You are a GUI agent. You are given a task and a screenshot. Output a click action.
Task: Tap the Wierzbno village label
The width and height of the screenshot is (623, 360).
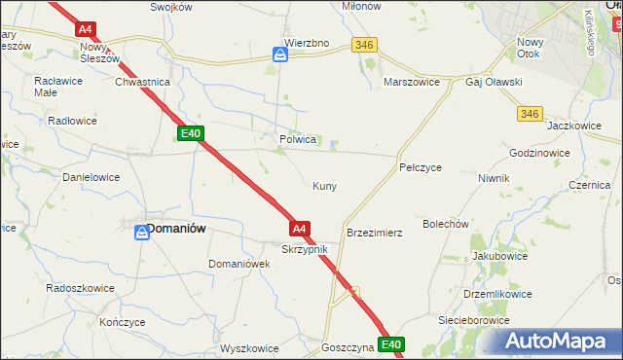(x=307, y=43)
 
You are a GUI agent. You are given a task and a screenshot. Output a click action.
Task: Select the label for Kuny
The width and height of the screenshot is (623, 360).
(x=324, y=186)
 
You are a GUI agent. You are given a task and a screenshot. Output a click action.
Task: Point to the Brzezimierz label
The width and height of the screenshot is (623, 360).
(x=375, y=234)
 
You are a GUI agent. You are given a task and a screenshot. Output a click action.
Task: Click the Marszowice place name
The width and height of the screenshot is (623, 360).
(x=414, y=83)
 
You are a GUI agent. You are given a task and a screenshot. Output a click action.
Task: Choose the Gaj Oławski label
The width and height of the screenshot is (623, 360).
(x=495, y=83)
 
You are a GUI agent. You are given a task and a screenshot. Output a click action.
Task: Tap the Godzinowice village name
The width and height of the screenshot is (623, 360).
(x=539, y=154)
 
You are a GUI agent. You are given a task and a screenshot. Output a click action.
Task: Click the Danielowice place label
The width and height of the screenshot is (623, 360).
(x=91, y=178)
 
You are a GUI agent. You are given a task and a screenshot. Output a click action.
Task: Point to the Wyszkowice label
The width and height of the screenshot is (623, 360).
(x=249, y=347)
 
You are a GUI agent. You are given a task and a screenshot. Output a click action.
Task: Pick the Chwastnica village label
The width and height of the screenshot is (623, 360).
(x=143, y=83)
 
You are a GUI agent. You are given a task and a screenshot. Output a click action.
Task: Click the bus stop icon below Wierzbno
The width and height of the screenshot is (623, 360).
(x=280, y=56)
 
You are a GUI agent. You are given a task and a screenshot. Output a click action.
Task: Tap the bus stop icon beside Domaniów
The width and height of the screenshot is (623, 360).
(x=140, y=233)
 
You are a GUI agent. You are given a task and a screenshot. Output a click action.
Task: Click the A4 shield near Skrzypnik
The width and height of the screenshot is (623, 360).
(x=301, y=229)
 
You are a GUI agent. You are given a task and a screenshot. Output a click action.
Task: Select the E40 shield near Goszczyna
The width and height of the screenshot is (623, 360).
(x=391, y=344)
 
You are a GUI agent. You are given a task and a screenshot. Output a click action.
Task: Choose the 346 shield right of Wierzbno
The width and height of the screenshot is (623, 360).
(x=365, y=45)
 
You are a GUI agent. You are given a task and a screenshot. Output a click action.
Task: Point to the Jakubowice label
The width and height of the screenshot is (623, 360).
(x=499, y=256)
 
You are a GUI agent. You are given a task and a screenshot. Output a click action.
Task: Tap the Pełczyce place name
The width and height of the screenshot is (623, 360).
(x=421, y=167)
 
